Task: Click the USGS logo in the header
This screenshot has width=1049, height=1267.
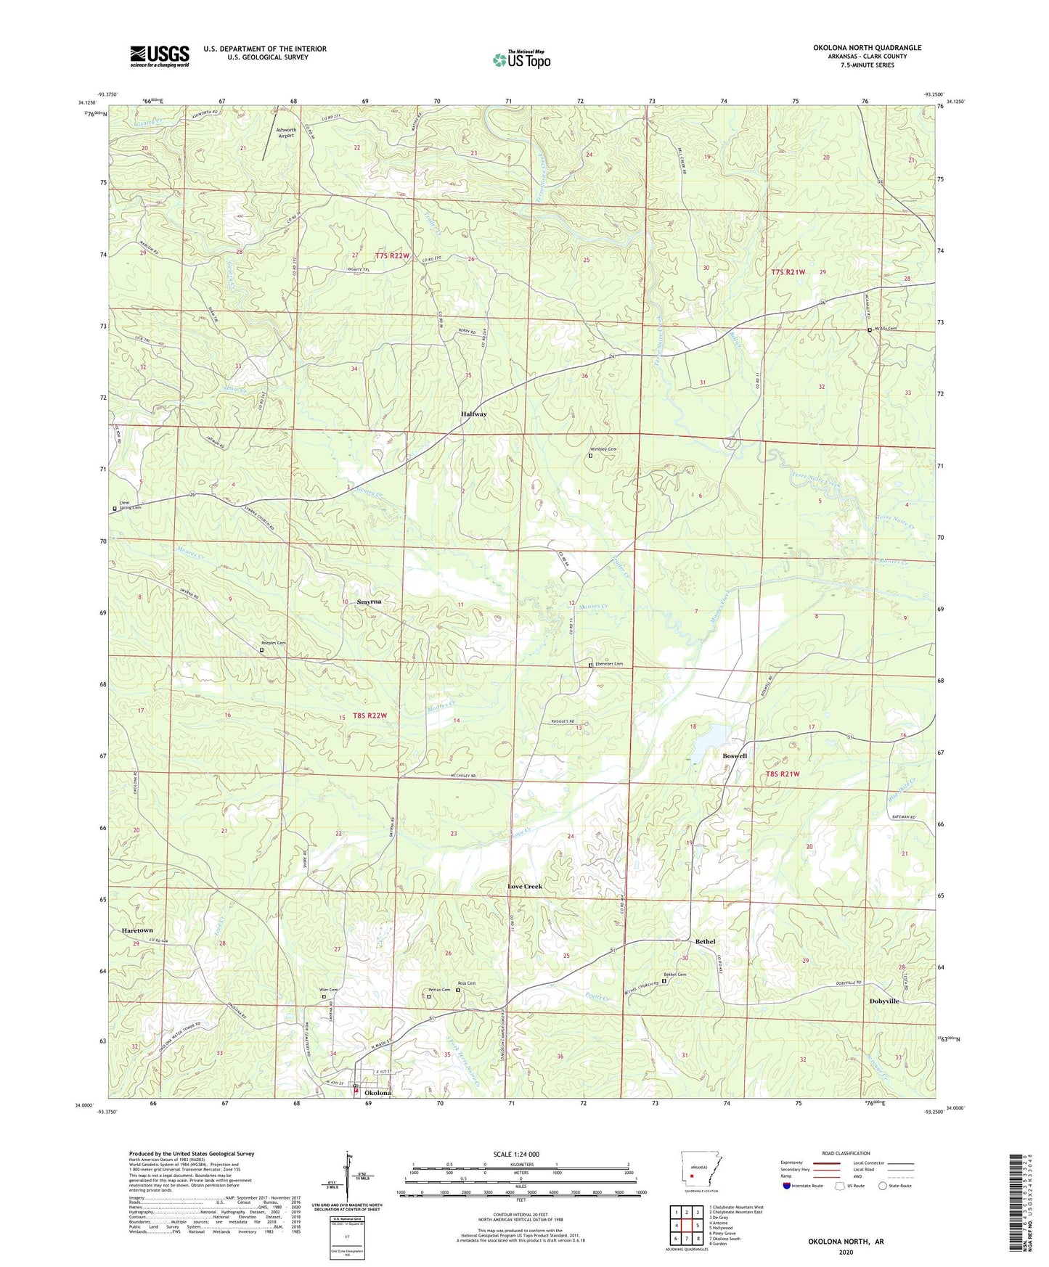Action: (x=159, y=55)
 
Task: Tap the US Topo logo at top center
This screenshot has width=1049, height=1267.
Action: (x=521, y=59)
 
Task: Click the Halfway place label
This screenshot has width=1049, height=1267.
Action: (x=473, y=414)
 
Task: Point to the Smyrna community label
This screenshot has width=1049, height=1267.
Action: (x=369, y=602)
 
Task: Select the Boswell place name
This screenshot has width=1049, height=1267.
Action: (x=734, y=755)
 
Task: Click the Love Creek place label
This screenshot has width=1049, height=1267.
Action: (x=524, y=886)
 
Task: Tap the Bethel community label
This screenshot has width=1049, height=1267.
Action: (x=705, y=941)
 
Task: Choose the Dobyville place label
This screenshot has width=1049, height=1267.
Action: (x=883, y=1001)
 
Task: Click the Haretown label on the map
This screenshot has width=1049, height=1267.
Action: (x=137, y=930)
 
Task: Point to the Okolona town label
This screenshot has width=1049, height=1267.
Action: (x=377, y=1093)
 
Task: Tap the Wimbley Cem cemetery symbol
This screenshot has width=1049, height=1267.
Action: (x=590, y=456)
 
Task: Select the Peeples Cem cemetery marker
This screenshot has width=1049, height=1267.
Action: (x=262, y=650)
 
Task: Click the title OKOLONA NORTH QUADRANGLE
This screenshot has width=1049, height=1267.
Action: (x=867, y=48)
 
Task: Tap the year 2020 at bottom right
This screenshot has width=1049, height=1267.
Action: (x=846, y=1252)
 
